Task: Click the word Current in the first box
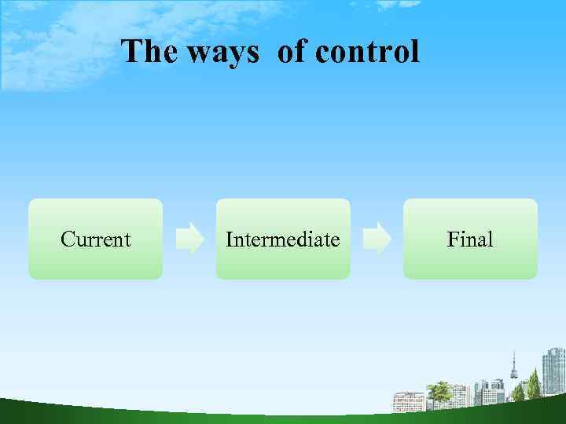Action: pos(95,239)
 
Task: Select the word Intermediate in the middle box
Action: pos(282,239)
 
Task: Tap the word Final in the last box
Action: pos(469,239)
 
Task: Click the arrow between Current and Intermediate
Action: pos(189,239)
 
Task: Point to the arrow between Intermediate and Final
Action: pos(377,239)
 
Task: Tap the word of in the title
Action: pos(292,53)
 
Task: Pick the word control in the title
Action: pos(367,53)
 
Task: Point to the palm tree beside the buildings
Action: pos(440,392)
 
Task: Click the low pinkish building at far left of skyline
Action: pos(408,401)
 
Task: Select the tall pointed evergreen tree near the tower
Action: pos(534,385)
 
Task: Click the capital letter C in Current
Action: pos(68,239)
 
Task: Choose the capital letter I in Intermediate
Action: pos(229,239)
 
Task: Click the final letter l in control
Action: pos(416,53)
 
